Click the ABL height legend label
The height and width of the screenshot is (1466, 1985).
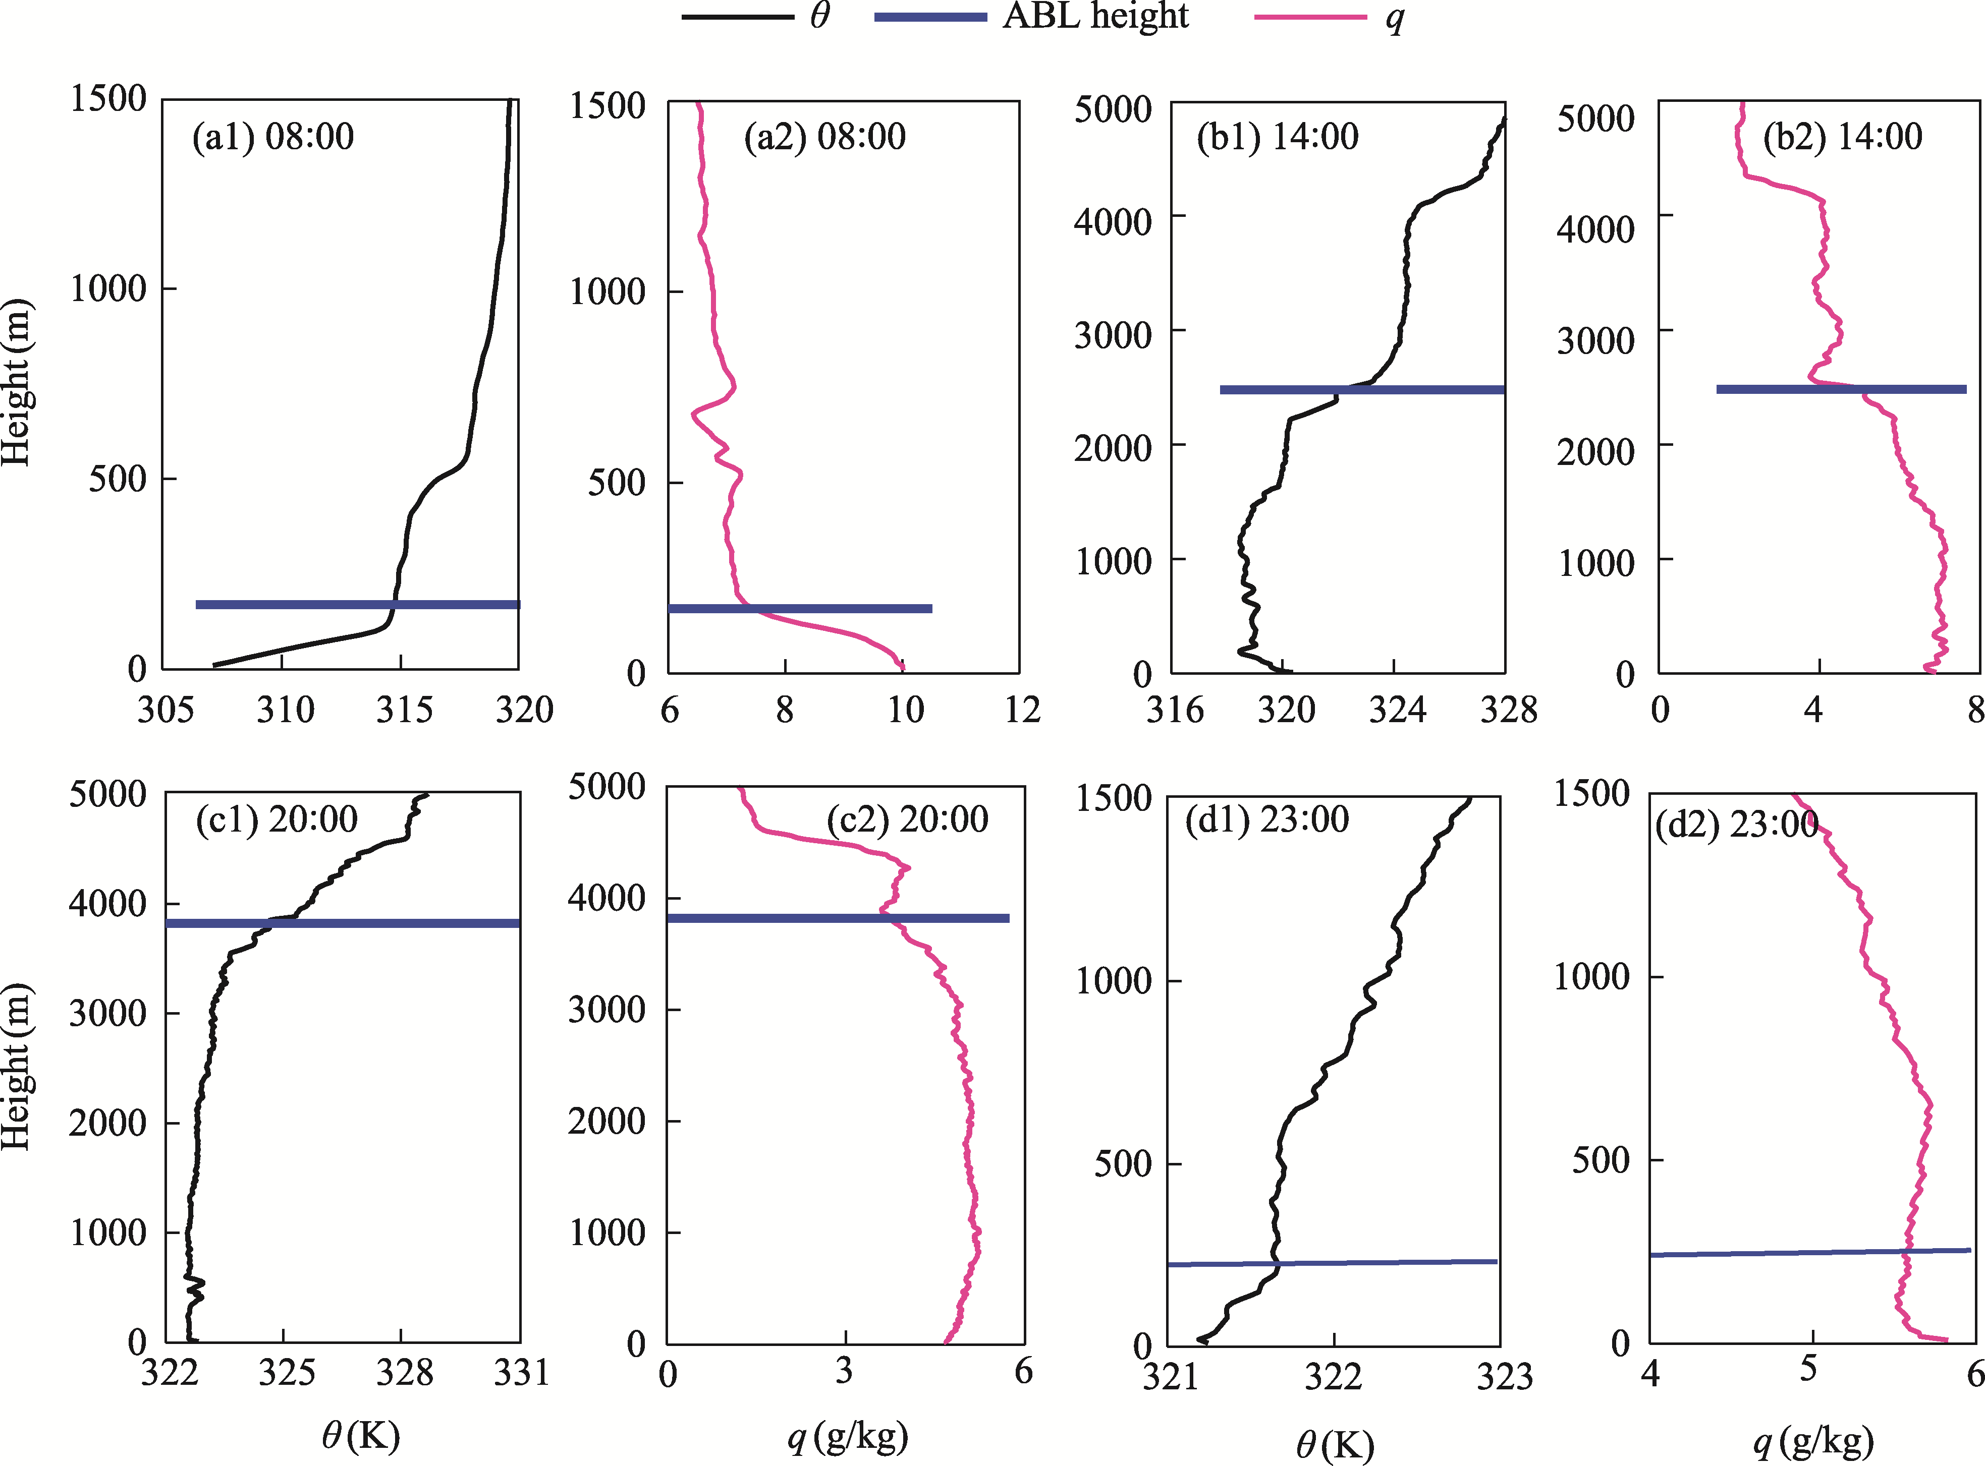click(1095, 17)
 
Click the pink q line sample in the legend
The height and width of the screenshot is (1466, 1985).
click(1310, 17)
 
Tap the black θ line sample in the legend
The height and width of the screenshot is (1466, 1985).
click(737, 17)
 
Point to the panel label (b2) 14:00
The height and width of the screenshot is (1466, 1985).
click(1842, 137)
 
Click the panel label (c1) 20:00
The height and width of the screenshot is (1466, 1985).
click(277, 819)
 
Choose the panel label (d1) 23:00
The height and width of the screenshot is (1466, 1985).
click(1267, 819)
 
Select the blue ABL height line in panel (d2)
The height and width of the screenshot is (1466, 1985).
click(1811, 1252)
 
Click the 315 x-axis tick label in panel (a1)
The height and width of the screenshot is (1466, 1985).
click(404, 710)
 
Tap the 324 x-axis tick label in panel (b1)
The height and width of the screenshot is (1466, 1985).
click(1397, 710)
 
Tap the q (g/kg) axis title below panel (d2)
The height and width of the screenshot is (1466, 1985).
click(1813, 1440)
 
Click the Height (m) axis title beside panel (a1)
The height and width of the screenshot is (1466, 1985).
click(18, 382)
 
